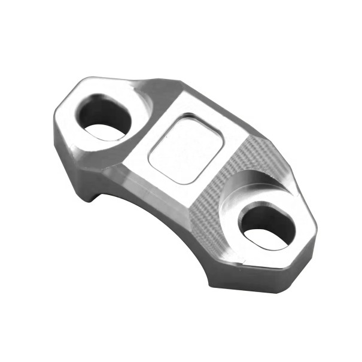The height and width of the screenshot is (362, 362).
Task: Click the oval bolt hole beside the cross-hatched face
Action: pos(267,227)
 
